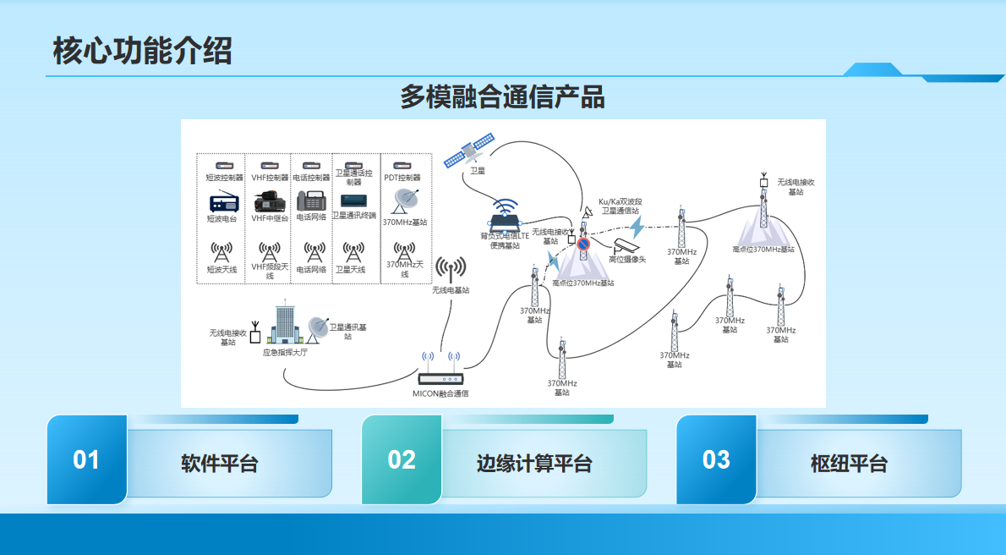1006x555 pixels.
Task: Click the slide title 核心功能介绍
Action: click(142, 52)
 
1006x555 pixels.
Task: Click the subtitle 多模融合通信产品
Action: click(502, 96)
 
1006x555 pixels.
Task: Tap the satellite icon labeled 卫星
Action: click(470, 152)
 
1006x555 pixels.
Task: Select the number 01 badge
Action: click(86, 459)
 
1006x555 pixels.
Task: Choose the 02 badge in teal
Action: click(402, 459)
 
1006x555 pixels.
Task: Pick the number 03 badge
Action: click(716, 459)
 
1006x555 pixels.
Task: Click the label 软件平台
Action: click(220, 464)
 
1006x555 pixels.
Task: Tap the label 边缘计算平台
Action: click(534, 464)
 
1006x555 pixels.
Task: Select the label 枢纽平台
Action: click(849, 464)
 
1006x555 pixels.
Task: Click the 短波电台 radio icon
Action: click(223, 203)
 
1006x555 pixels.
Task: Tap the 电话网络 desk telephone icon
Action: click(310, 202)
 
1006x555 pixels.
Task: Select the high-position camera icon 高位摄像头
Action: click(630, 245)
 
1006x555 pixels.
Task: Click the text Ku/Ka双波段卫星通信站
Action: click(620, 206)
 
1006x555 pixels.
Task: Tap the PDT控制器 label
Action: click(403, 178)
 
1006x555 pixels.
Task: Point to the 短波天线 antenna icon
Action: click(221, 253)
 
